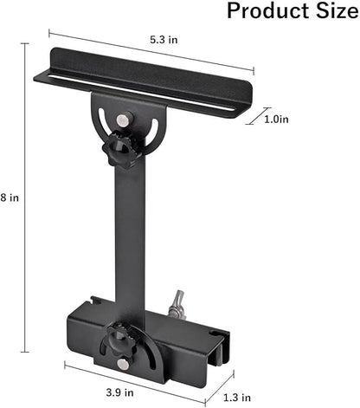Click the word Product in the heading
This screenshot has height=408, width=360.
tap(263, 11)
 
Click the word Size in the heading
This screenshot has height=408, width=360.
tap(330, 11)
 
